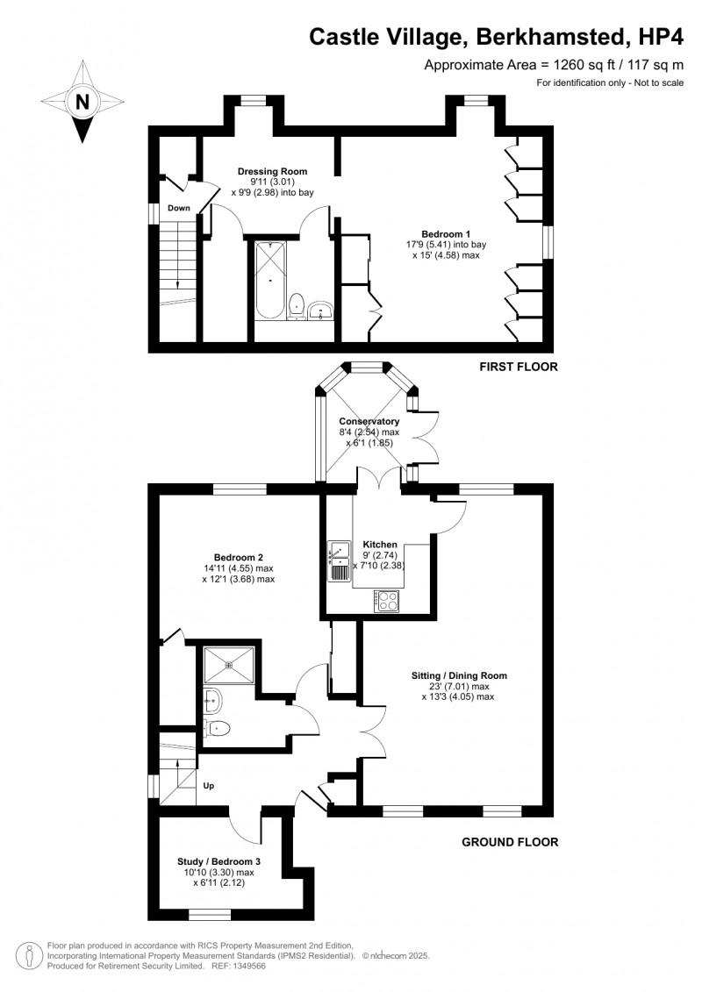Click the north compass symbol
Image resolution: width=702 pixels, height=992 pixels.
point(83,101)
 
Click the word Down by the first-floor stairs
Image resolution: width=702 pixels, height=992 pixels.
point(179,208)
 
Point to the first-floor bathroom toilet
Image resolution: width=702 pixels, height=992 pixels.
point(297,304)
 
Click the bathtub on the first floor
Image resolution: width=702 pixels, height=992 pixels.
point(269,279)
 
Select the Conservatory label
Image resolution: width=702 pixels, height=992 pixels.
point(369,421)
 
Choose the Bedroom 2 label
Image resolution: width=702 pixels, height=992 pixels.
point(239,557)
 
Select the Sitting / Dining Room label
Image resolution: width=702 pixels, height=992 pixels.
point(459,675)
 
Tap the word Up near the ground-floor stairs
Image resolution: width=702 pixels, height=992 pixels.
point(209,786)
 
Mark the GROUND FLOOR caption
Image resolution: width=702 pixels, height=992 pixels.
point(510,842)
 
